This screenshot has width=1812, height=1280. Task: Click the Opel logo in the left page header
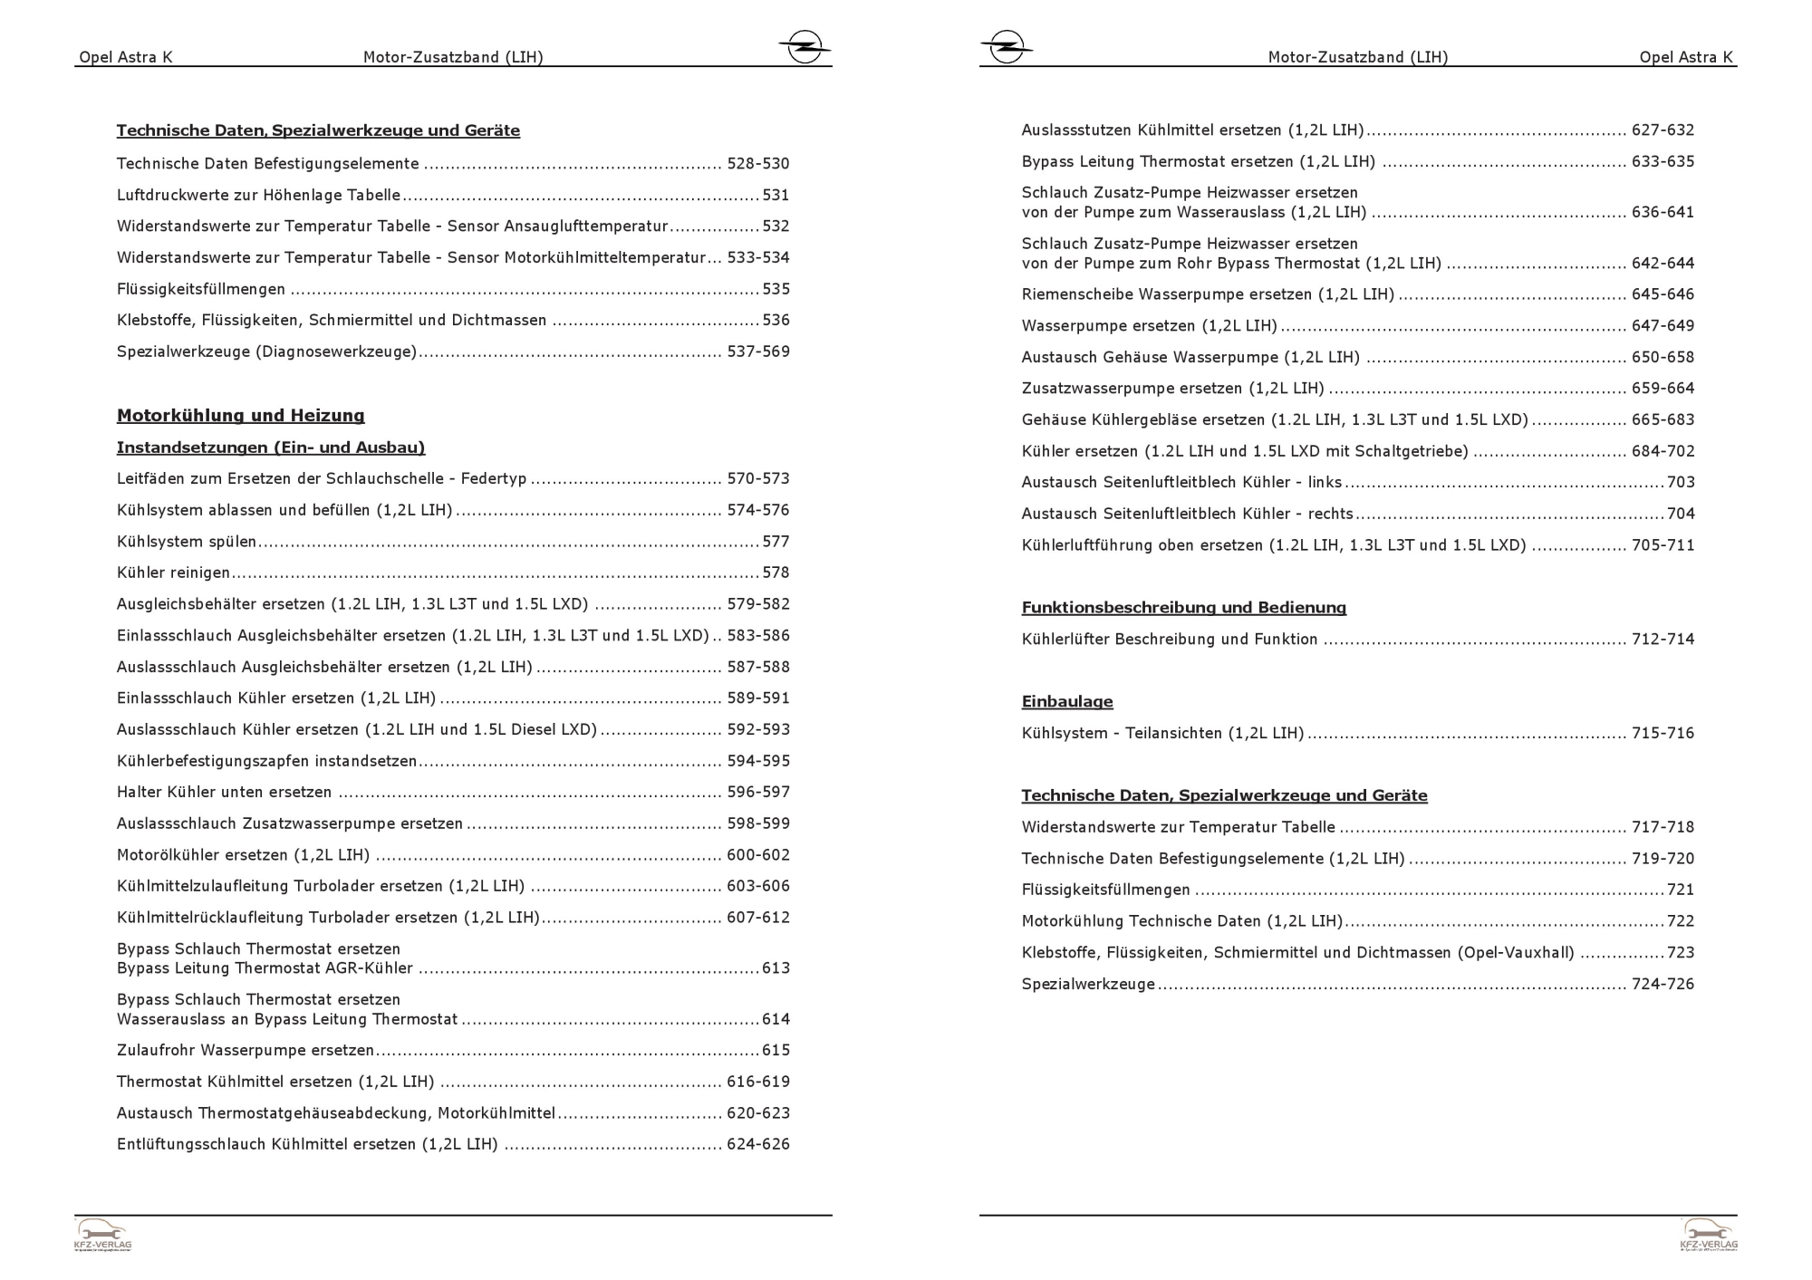(804, 46)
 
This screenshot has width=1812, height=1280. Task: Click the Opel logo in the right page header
(1006, 46)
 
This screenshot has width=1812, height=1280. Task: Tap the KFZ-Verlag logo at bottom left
(102, 1235)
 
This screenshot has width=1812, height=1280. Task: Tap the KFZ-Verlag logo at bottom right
(1709, 1235)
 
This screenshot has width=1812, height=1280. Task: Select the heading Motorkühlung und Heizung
(240, 416)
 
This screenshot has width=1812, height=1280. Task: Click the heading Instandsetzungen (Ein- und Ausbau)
(270, 448)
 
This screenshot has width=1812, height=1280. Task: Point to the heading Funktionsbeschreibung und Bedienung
(1183, 608)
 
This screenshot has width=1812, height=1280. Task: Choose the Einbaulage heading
(1066, 702)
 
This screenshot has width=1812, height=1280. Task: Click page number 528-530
(757, 164)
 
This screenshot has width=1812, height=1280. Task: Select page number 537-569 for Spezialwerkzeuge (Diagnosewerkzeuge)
(757, 351)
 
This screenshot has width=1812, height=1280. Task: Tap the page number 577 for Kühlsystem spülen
(776, 542)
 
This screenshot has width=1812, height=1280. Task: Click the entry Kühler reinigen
(173, 573)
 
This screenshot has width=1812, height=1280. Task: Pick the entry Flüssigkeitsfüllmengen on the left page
(200, 290)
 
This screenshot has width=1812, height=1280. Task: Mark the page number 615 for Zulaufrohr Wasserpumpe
(776, 1051)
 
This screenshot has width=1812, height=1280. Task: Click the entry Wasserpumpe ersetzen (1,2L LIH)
(1148, 326)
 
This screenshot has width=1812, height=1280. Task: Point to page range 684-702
(1662, 451)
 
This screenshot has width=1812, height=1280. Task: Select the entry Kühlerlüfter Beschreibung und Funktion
(1169, 640)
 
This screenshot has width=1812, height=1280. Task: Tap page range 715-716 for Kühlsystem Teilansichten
(1662, 734)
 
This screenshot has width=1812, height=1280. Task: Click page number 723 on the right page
(1680, 953)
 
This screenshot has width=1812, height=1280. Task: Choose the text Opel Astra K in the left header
(125, 57)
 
